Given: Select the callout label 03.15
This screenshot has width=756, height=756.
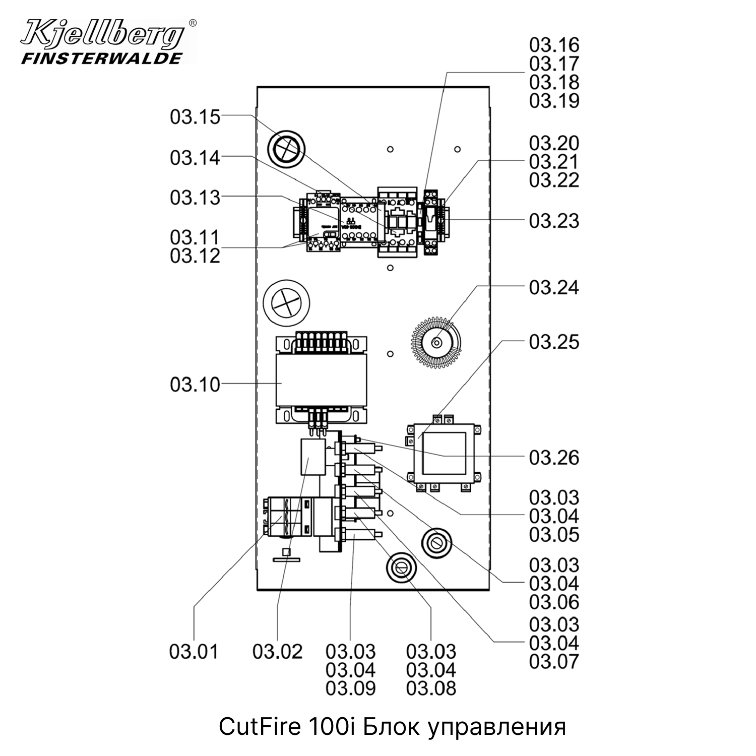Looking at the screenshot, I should [x=195, y=117].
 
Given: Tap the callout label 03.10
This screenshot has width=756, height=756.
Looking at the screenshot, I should [x=195, y=385].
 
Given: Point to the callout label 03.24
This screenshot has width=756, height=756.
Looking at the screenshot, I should [x=554, y=288].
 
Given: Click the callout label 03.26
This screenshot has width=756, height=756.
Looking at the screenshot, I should [x=554, y=458].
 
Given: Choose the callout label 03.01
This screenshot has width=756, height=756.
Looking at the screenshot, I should [x=194, y=652].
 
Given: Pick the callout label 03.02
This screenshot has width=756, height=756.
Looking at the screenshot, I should [x=277, y=652].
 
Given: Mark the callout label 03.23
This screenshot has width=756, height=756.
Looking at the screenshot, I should [x=554, y=221].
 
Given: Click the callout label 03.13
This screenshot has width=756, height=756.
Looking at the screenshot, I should [x=195, y=198].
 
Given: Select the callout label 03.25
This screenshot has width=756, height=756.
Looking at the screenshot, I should [x=554, y=342].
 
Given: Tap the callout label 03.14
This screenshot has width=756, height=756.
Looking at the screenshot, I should [x=195, y=158].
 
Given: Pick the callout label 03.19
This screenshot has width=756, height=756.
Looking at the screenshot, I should [x=554, y=101].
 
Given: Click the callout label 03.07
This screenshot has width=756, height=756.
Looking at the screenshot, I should [x=554, y=662].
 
